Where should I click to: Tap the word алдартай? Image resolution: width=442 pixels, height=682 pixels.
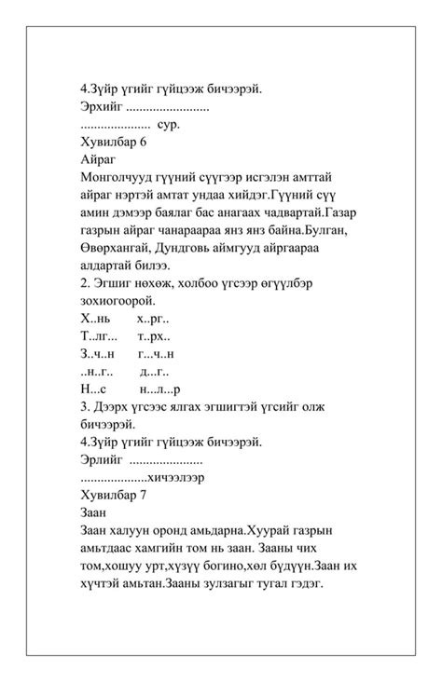coord(112,266)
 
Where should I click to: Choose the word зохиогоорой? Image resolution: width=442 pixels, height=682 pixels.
coord(118,300)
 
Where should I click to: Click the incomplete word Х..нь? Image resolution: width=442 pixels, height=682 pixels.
coord(95,318)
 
